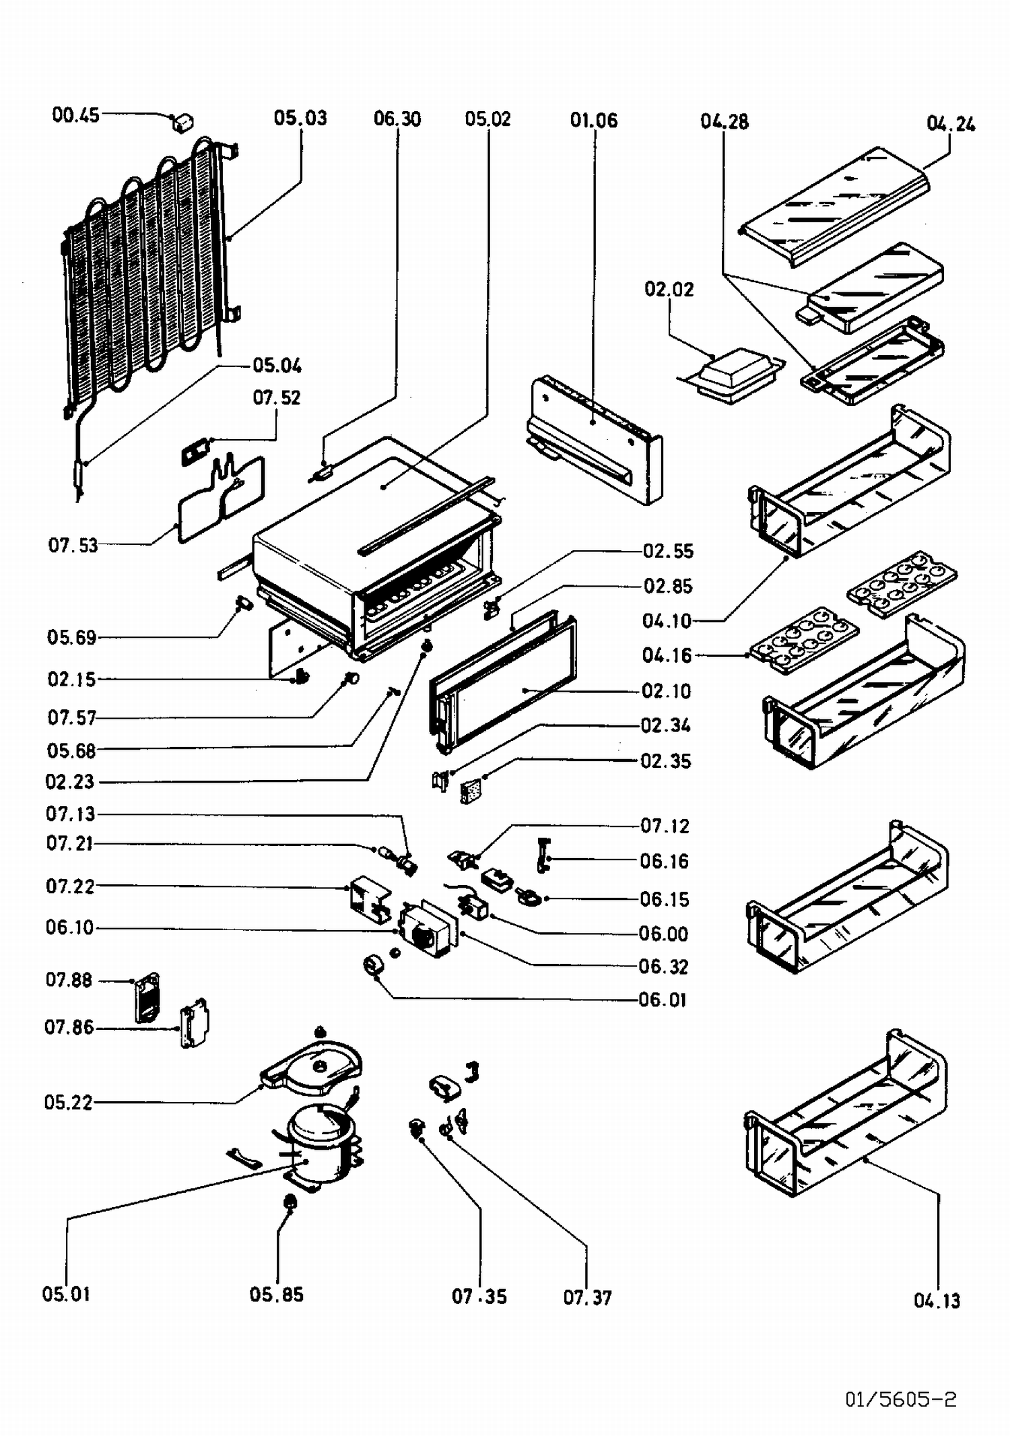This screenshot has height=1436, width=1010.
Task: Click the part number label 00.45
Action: (75, 115)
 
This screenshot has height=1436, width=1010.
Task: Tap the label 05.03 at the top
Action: (300, 119)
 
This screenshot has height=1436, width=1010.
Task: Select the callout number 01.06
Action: (593, 121)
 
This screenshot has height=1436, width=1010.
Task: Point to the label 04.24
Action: (951, 124)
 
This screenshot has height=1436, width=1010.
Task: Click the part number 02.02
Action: (669, 290)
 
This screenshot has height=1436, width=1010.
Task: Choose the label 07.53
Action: (73, 545)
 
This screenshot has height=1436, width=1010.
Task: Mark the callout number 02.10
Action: (666, 691)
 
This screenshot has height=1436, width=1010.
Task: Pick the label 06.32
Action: (663, 967)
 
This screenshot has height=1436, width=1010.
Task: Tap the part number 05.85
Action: (276, 1295)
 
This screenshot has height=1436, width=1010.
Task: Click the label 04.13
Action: (937, 1301)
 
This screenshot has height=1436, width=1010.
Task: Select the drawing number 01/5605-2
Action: (900, 1400)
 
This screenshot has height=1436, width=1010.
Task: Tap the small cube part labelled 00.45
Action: (182, 123)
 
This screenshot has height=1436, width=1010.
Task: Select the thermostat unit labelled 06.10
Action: (424, 930)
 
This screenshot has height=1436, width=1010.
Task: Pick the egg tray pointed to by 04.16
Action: (804, 637)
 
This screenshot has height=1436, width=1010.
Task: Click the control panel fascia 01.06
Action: (593, 441)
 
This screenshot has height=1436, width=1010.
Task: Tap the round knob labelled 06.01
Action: (372, 965)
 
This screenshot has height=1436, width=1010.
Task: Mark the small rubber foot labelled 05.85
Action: (290, 1202)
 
